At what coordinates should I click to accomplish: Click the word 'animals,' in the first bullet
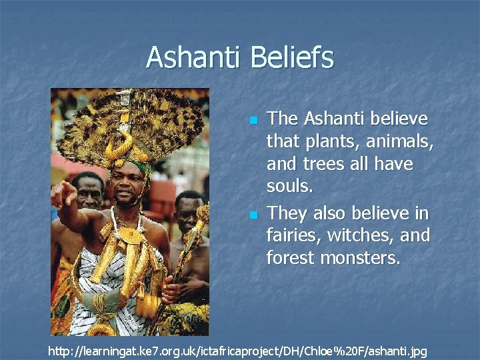(399, 142)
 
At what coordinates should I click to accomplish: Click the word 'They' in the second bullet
(287, 213)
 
